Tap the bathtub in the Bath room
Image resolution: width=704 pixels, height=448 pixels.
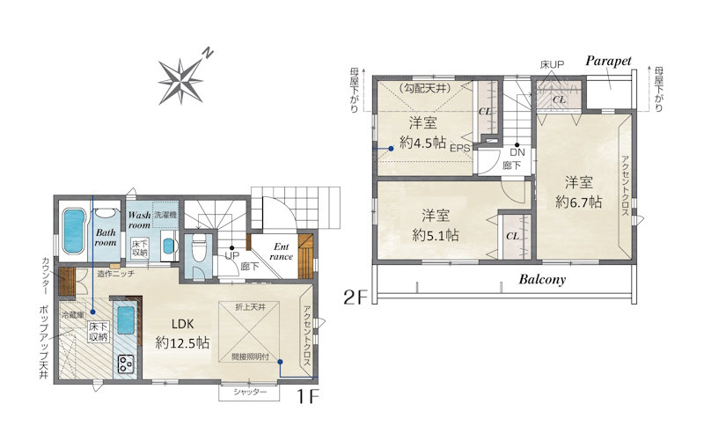(x=74, y=231)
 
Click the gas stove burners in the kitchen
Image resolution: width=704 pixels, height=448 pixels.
(x=126, y=364)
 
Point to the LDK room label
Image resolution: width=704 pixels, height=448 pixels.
(x=182, y=323)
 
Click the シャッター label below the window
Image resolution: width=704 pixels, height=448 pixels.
(x=250, y=392)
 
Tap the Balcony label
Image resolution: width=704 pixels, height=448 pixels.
(x=542, y=280)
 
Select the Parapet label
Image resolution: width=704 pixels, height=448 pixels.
(x=608, y=61)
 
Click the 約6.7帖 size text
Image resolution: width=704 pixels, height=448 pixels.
(x=578, y=202)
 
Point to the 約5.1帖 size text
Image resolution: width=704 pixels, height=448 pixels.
(x=435, y=235)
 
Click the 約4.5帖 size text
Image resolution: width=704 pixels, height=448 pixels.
(x=422, y=143)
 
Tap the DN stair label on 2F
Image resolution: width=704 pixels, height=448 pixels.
(x=517, y=152)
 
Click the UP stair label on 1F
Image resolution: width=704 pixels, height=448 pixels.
(x=231, y=256)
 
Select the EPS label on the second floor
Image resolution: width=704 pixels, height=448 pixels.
(x=459, y=148)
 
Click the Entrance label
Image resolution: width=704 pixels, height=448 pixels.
(x=282, y=252)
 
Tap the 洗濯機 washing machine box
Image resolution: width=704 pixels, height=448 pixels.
(x=165, y=215)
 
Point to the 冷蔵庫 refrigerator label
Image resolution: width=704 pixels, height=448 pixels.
(x=73, y=315)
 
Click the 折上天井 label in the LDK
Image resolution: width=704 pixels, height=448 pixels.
(x=250, y=307)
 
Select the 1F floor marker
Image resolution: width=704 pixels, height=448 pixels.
(x=307, y=396)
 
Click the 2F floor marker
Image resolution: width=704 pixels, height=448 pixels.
(x=356, y=297)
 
